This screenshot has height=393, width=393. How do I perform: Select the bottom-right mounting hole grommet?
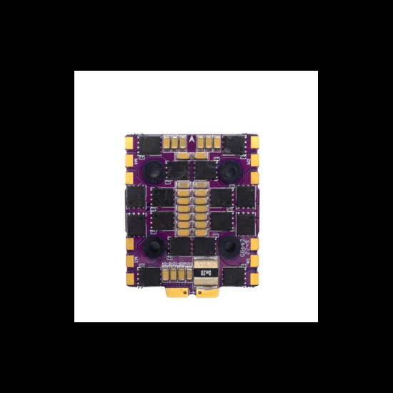231,247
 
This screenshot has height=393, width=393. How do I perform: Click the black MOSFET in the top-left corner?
149,146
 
